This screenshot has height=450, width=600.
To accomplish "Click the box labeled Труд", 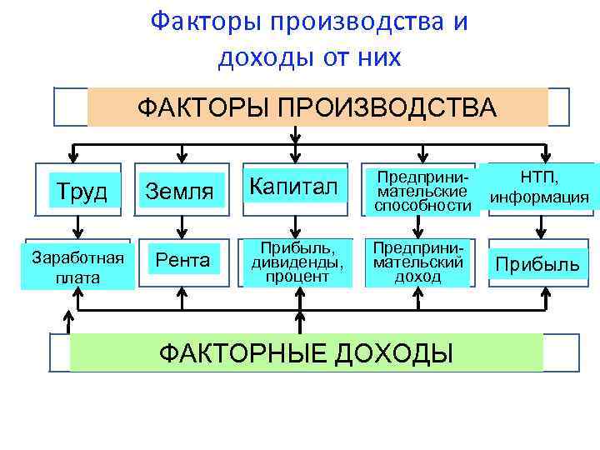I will click(x=78, y=192).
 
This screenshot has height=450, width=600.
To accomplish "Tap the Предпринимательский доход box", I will click(x=419, y=262).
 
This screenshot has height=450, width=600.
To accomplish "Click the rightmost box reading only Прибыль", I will click(x=537, y=265).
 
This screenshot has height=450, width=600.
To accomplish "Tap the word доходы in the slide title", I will click(x=259, y=57).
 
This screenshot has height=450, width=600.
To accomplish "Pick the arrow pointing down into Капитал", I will click(x=293, y=153).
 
